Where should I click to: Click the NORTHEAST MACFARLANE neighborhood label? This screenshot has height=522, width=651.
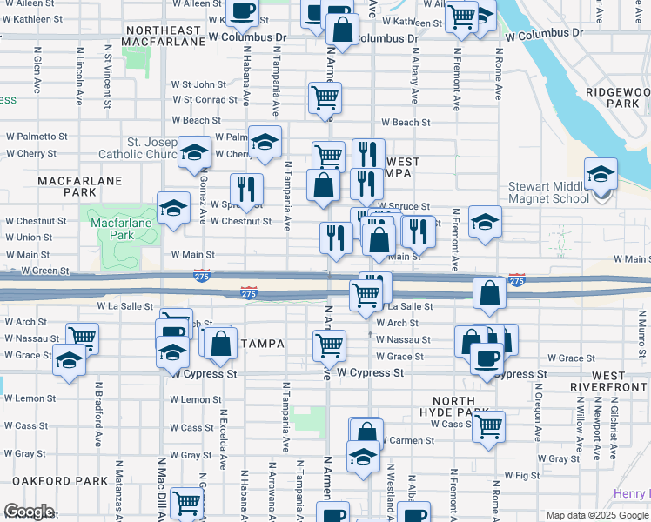tap(164, 37)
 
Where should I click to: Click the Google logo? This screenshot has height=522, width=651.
tap(29, 512)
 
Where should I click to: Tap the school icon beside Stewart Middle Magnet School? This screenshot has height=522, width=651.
tap(601, 173)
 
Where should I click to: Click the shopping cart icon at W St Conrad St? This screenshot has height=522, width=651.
tap(325, 98)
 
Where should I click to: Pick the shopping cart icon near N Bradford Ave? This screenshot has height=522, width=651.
tap(82, 338)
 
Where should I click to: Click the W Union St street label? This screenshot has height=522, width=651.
tap(29, 237)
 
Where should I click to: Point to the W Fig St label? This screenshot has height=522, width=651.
tap(522, 476)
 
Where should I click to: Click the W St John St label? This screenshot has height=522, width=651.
tap(198, 84)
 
